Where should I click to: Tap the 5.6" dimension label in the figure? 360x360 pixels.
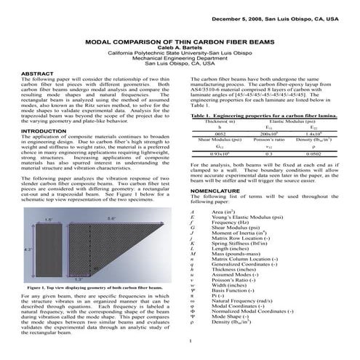109,217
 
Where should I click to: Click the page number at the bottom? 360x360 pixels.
188,340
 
